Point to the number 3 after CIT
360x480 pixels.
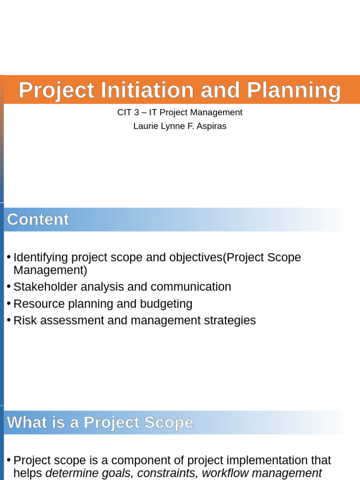[x=137, y=112]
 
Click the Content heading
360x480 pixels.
[x=38, y=219]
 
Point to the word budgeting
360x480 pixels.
[x=166, y=304]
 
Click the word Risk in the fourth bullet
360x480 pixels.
[x=23, y=321]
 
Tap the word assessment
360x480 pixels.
[x=63, y=321]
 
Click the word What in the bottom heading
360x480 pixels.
[x=26, y=423]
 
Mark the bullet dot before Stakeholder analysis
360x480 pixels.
[x=8, y=286]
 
